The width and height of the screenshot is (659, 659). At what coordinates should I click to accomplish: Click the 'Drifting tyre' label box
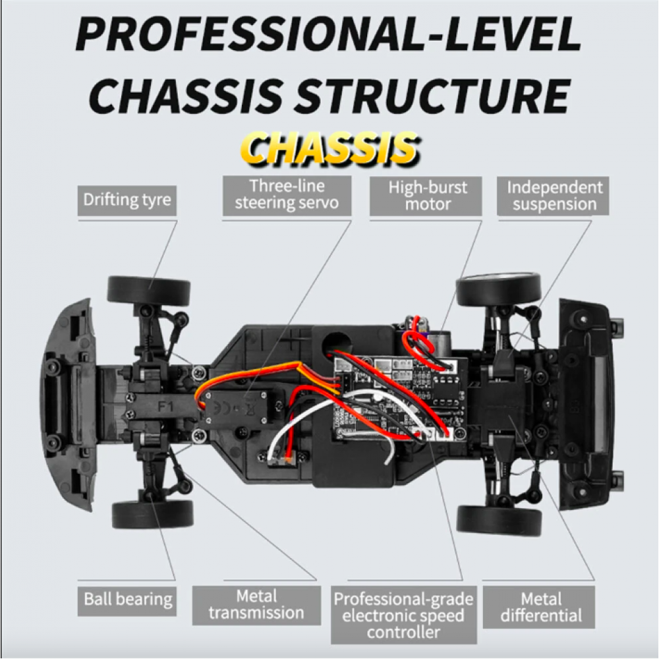[127, 200]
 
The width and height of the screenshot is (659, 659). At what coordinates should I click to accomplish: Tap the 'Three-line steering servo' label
[287, 196]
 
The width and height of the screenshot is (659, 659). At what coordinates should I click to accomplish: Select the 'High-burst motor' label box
[426, 196]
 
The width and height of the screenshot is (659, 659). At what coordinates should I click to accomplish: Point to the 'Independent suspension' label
[553, 196]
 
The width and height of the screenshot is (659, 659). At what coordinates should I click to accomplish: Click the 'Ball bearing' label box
[127, 601]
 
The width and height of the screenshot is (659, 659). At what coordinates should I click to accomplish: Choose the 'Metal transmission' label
[256, 605]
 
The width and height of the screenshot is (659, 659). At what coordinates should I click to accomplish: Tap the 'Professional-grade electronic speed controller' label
[403, 615]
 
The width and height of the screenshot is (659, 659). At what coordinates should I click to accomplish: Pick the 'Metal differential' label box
[539, 608]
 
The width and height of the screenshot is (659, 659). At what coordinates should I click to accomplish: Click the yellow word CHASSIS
[331, 149]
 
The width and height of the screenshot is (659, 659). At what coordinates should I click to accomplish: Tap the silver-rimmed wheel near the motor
[498, 289]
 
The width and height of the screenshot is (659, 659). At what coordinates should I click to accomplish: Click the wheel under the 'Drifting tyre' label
[149, 290]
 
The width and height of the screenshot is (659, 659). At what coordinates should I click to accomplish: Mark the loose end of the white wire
[388, 463]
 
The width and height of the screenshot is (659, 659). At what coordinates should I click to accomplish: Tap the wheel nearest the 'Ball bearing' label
[153, 515]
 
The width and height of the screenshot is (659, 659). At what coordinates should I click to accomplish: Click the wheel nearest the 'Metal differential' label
[499, 521]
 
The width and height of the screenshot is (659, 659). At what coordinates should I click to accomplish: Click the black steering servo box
[236, 406]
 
